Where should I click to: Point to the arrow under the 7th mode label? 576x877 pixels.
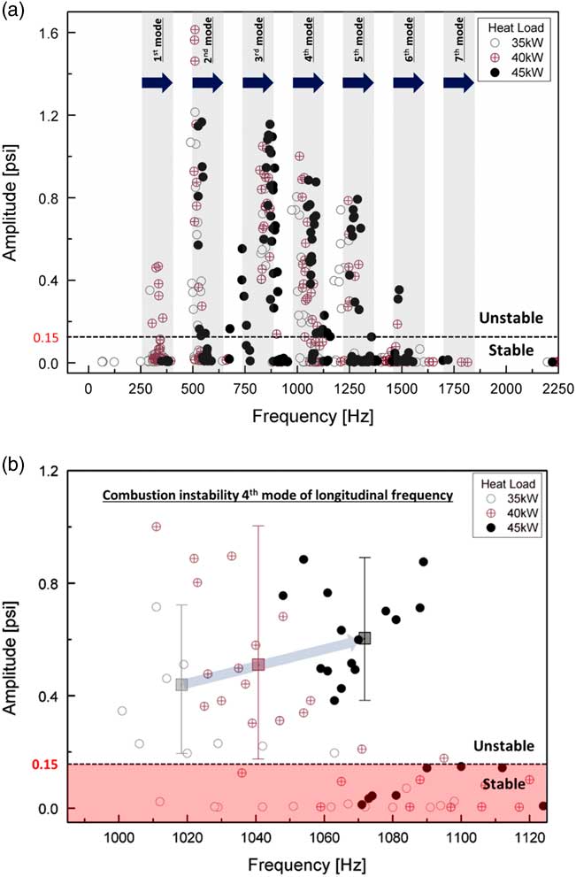point(458,82)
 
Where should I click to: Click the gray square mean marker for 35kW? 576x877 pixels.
point(181,684)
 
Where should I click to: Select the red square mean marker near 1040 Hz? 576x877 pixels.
point(258,665)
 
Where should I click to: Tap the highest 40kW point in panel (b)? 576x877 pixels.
point(157,527)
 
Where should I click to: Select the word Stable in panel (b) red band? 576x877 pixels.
point(502,783)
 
